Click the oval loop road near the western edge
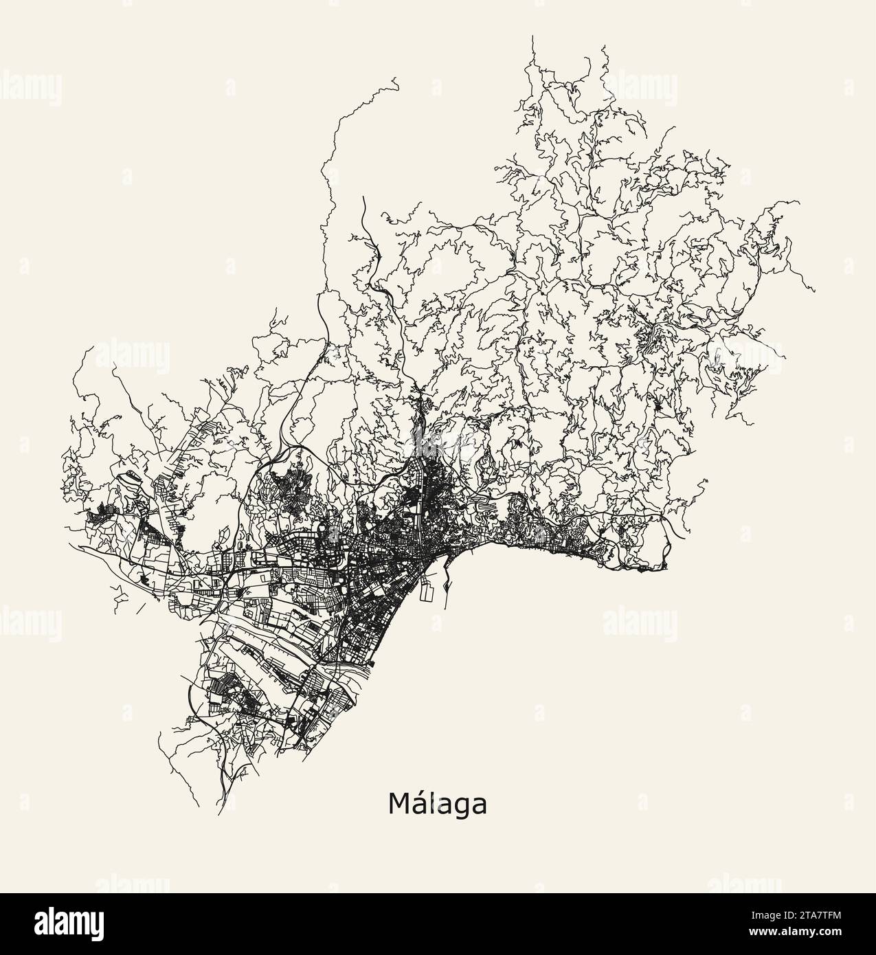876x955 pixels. pyautogui.click(x=128, y=478)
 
